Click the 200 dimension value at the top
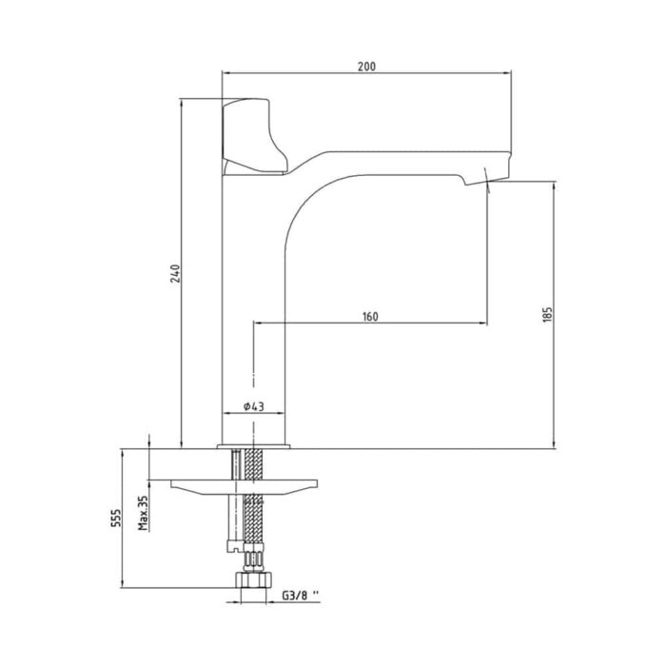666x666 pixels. click(x=367, y=66)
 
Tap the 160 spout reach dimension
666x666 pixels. click(x=371, y=317)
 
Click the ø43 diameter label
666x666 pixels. click(x=253, y=406)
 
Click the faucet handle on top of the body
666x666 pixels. click(x=253, y=137)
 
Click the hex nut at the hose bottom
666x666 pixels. click(x=252, y=581)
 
